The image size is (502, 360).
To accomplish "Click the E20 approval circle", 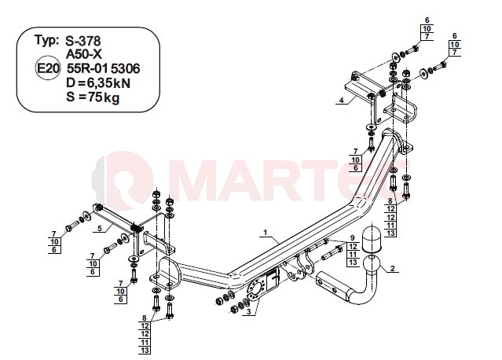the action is click(x=47, y=68).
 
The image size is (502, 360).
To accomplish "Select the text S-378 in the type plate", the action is click(x=83, y=41).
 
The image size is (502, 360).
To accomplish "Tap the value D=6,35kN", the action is click(x=98, y=83).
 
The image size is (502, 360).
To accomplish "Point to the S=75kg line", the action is click(x=93, y=97).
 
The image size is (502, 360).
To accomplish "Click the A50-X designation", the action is click(x=84, y=54).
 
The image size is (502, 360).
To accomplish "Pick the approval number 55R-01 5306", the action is click(x=103, y=68).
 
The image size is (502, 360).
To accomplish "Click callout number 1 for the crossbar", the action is click(x=266, y=232).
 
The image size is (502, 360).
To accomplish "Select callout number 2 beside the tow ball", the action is click(x=393, y=268).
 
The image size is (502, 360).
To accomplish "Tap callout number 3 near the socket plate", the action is click(x=248, y=311).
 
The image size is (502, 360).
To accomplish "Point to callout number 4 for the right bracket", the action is click(x=342, y=101).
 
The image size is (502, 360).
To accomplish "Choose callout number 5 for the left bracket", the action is click(x=100, y=229).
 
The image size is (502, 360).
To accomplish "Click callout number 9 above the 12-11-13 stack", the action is click(x=353, y=238).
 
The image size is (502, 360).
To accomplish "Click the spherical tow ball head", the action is click(x=372, y=265).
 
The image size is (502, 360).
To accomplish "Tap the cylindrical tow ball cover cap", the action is click(x=372, y=239).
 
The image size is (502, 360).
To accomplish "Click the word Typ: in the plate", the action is click(x=46, y=41).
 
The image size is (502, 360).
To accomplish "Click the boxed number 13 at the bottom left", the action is click(x=145, y=350).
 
